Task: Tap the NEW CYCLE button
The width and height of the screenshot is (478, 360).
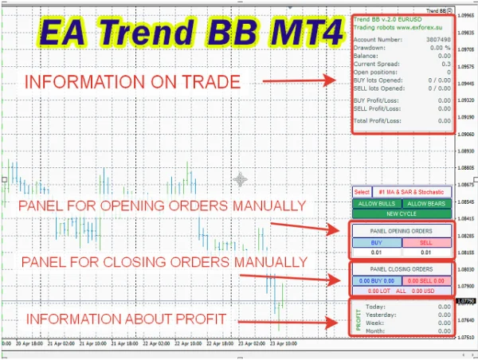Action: coord(402,214)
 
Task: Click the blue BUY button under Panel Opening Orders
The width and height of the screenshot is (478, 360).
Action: coord(376,242)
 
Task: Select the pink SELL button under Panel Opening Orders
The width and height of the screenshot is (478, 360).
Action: coord(425,242)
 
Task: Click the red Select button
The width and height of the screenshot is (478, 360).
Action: coord(362,192)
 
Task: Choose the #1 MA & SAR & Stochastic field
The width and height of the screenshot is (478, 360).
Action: coord(411,192)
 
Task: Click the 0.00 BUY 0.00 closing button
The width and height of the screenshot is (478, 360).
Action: coord(376,281)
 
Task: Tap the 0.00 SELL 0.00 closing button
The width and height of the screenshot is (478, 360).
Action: coord(426,281)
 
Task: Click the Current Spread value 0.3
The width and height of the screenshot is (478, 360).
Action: coord(448,64)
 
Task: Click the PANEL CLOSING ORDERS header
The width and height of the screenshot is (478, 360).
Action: coord(402,269)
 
